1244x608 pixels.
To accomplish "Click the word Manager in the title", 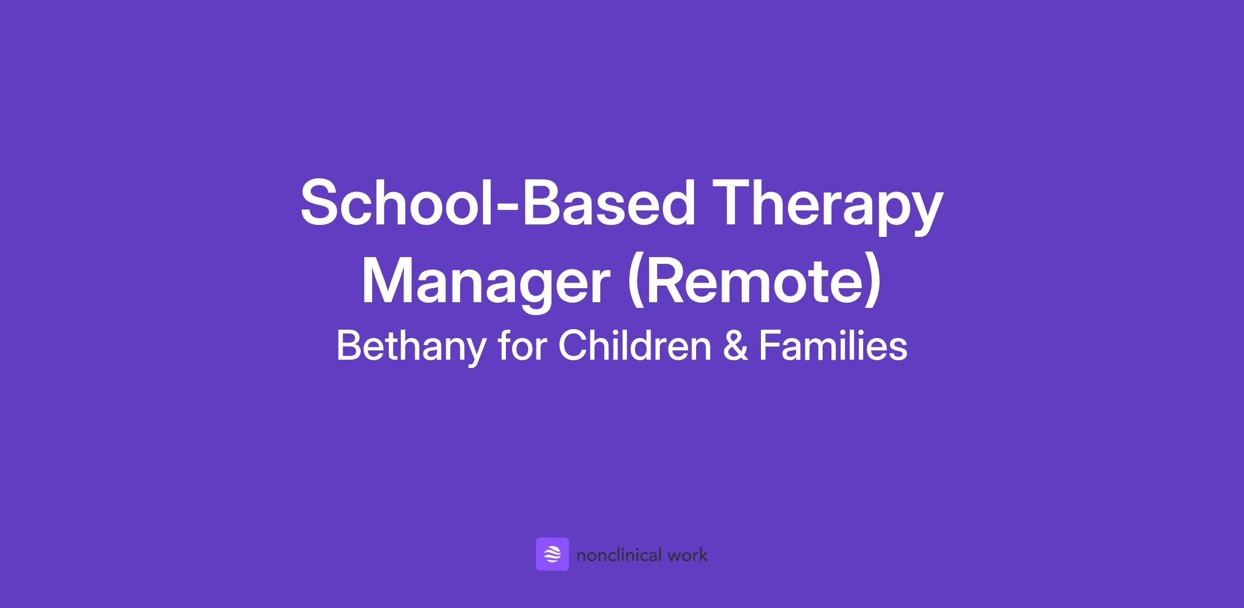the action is click(x=485, y=283).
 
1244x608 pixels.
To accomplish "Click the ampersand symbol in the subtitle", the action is click(x=736, y=346).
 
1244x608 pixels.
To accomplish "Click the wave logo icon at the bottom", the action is click(x=552, y=554).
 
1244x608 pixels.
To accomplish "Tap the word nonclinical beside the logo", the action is click(x=619, y=556).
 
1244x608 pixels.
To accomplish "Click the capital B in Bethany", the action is click(x=349, y=345).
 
